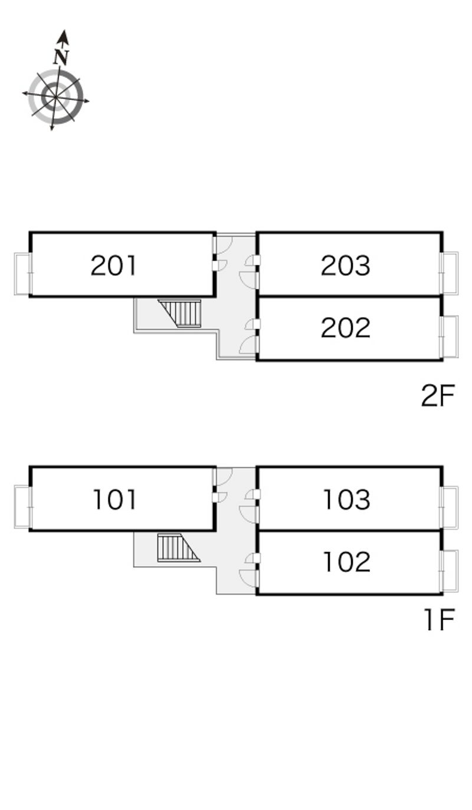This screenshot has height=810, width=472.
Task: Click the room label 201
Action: tap(114, 265)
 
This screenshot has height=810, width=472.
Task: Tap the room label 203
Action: tap(346, 265)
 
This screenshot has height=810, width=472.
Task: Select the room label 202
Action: tap(346, 328)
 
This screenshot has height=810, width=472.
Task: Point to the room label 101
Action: tap(115, 500)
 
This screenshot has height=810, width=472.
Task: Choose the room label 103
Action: tap(347, 500)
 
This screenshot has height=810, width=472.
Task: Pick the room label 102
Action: tap(347, 562)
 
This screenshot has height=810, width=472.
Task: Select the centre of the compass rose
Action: tap(55, 96)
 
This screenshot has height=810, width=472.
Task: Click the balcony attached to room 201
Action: tap(22, 274)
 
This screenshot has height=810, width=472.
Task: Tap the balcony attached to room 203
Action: tap(450, 273)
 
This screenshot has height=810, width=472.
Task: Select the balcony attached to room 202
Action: tap(450, 336)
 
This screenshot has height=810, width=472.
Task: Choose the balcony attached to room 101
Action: tap(22, 506)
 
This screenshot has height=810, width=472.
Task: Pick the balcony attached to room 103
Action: tap(450, 507)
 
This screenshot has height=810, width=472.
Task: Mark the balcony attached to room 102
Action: tap(450, 570)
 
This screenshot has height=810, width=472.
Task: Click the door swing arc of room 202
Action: tap(248, 345)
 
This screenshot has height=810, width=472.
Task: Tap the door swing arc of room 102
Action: tap(248, 579)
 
